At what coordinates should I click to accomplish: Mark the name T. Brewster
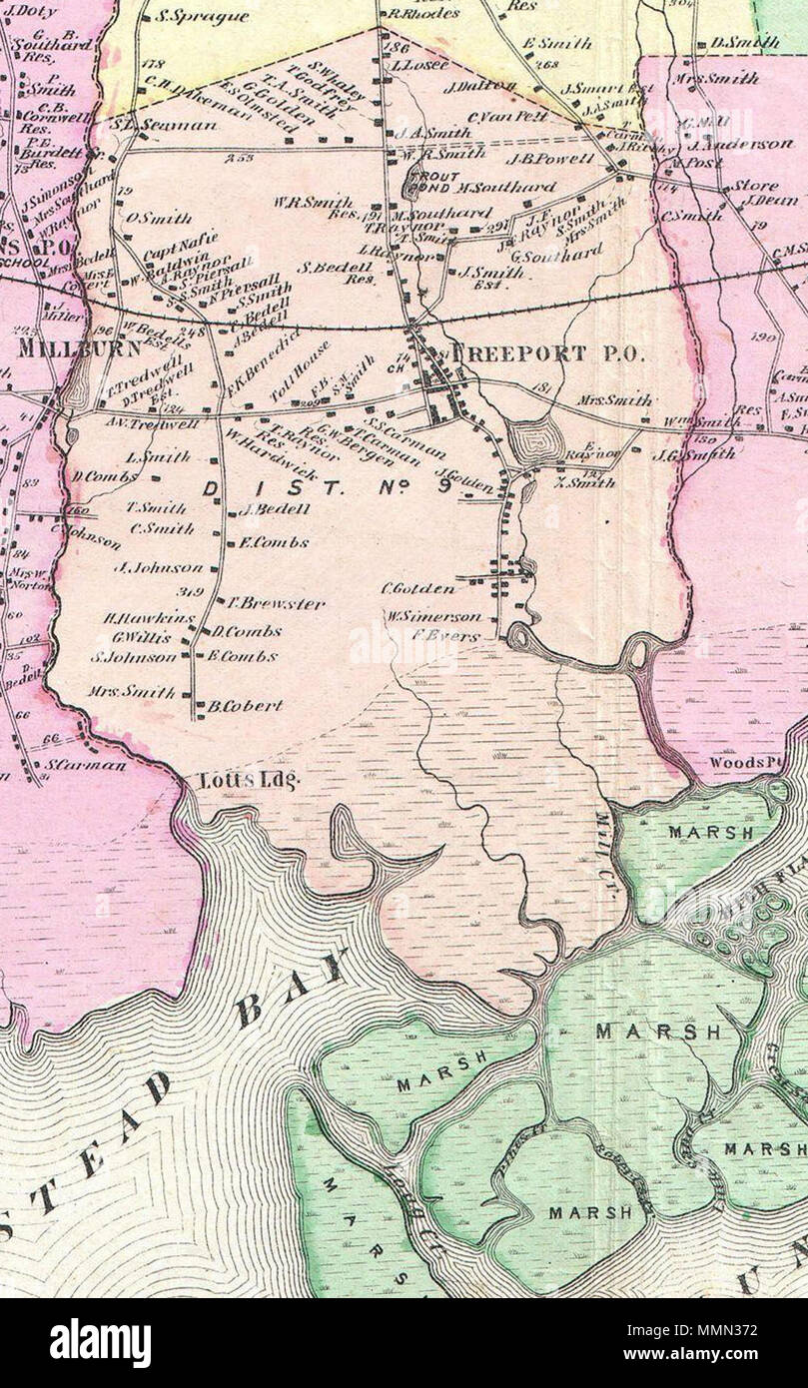click(x=262, y=603)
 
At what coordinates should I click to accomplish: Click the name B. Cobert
click(x=245, y=705)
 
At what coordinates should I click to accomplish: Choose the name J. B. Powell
click(x=549, y=158)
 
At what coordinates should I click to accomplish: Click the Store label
click(x=755, y=186)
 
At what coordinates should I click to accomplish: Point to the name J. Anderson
click(x=746, y=144)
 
